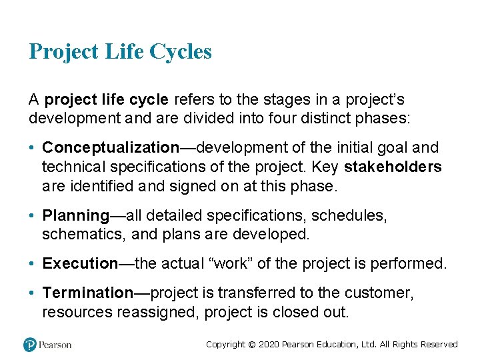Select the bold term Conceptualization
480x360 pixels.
coord(111,147)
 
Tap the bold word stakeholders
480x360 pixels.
coord(393,167)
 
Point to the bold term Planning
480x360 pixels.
coord(75,215)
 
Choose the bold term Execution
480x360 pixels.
coord(80,263)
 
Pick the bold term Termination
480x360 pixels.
coord(88,293)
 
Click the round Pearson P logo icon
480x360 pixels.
coord(30,344)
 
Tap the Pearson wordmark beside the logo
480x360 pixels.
coord(55,345)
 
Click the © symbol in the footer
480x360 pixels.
coord(251,345)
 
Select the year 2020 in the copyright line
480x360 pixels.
coord(269,345)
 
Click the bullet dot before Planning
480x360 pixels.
coord(33,216)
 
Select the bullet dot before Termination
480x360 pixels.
coord(33,293)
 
